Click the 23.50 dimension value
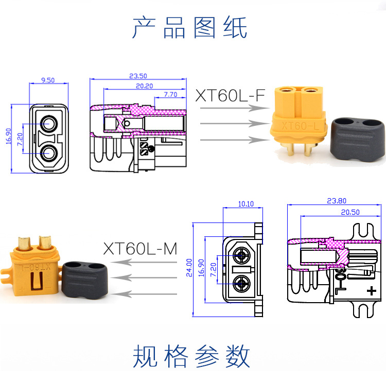click(x=137, y=75)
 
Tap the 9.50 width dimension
click(x=48, y=80)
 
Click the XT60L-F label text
click(x=231, y=96)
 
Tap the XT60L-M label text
click(x=139, y=249)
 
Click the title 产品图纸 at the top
click(x=190, y=28)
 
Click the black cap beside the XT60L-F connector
click(x=357, y=139)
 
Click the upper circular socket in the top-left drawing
click(x=50, y=124)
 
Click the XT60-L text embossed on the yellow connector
click(x=297, y=125)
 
